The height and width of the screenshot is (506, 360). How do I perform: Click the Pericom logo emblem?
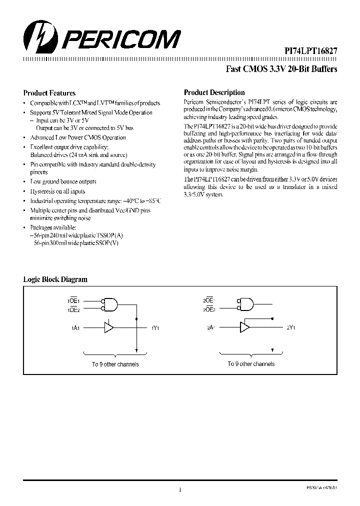click(37, 37)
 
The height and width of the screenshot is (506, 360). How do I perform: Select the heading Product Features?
click(49, 93)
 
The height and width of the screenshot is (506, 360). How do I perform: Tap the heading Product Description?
click(214, 92)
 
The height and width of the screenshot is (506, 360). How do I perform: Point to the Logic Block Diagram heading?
click(55, 279)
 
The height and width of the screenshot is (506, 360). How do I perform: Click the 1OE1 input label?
click(79, 301)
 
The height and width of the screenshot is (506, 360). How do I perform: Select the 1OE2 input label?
click(79, 310)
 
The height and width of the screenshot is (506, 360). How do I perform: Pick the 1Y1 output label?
click(155, 328)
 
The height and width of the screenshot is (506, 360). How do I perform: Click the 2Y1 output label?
click(291, 328)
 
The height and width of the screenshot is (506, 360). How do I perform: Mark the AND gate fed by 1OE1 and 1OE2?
click(110, 304)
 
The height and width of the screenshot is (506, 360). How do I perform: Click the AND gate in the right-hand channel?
click(246, 304)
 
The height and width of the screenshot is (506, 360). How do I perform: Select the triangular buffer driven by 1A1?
click(108, 327)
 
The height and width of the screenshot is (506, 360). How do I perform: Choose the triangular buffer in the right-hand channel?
click(245, 327)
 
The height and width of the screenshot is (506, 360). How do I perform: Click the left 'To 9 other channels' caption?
click(115, 364)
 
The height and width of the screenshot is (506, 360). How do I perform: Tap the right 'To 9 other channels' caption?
click(251, 364)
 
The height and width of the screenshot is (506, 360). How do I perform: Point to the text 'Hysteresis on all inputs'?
click(57, 191)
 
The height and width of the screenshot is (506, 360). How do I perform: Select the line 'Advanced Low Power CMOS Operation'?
click(78, 137)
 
